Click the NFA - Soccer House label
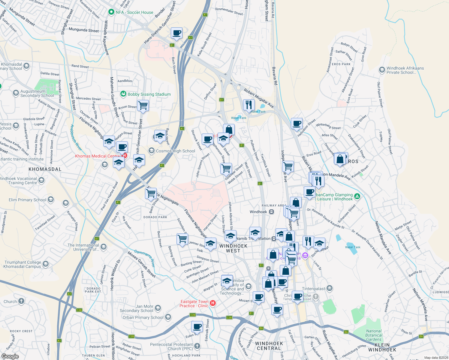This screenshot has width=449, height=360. coord(134,12)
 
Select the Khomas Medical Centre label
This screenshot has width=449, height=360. coord(98,156)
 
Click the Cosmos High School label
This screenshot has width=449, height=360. coord(175,151)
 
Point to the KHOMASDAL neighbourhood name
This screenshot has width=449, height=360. coord(45,169)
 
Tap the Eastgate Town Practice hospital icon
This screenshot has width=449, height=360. coord(213,303)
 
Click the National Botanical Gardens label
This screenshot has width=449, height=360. coord(374,335)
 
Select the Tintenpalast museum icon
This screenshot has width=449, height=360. coord(330,288)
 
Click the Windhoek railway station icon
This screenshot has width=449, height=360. coord(271,212)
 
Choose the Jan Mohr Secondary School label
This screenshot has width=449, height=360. coord(137,308)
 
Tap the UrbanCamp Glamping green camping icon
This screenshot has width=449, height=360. coord(357,196)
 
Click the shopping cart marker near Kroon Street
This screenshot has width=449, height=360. coord(143,106)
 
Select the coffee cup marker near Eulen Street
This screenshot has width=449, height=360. coord(197,326)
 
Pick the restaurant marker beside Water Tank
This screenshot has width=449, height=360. coord(249,105)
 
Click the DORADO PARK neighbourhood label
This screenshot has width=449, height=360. coord(155,217)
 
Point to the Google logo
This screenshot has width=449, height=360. coord(10,356)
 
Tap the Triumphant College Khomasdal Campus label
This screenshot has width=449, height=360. coord(23,264)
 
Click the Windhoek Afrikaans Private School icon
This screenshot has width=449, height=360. coord(382,70)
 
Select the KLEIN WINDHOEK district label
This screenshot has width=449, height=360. coord(382,347)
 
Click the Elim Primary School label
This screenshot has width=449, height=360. coord(28,200)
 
